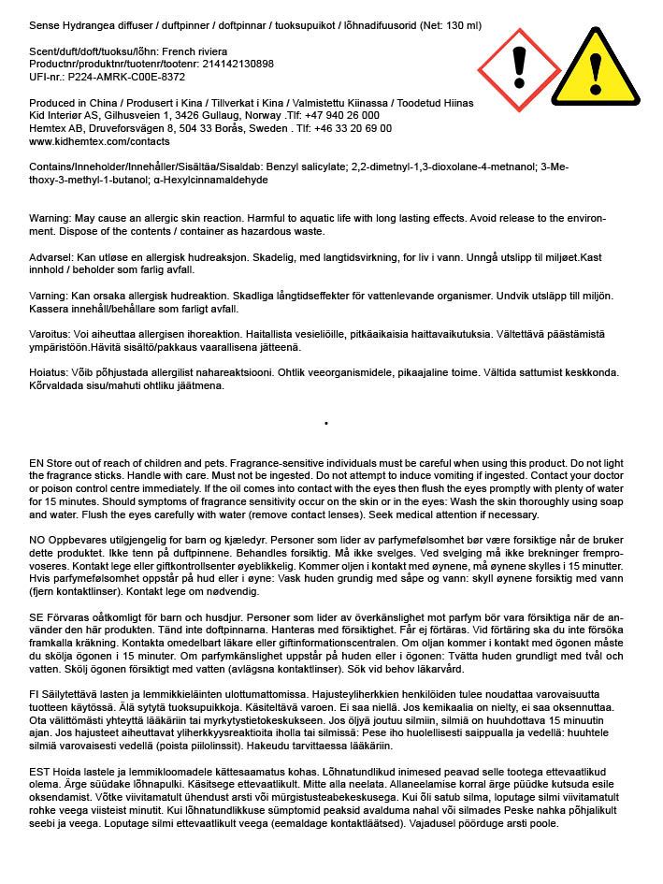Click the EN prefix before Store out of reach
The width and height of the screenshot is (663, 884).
coord(36,464)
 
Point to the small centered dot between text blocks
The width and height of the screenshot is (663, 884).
coord(325,423)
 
